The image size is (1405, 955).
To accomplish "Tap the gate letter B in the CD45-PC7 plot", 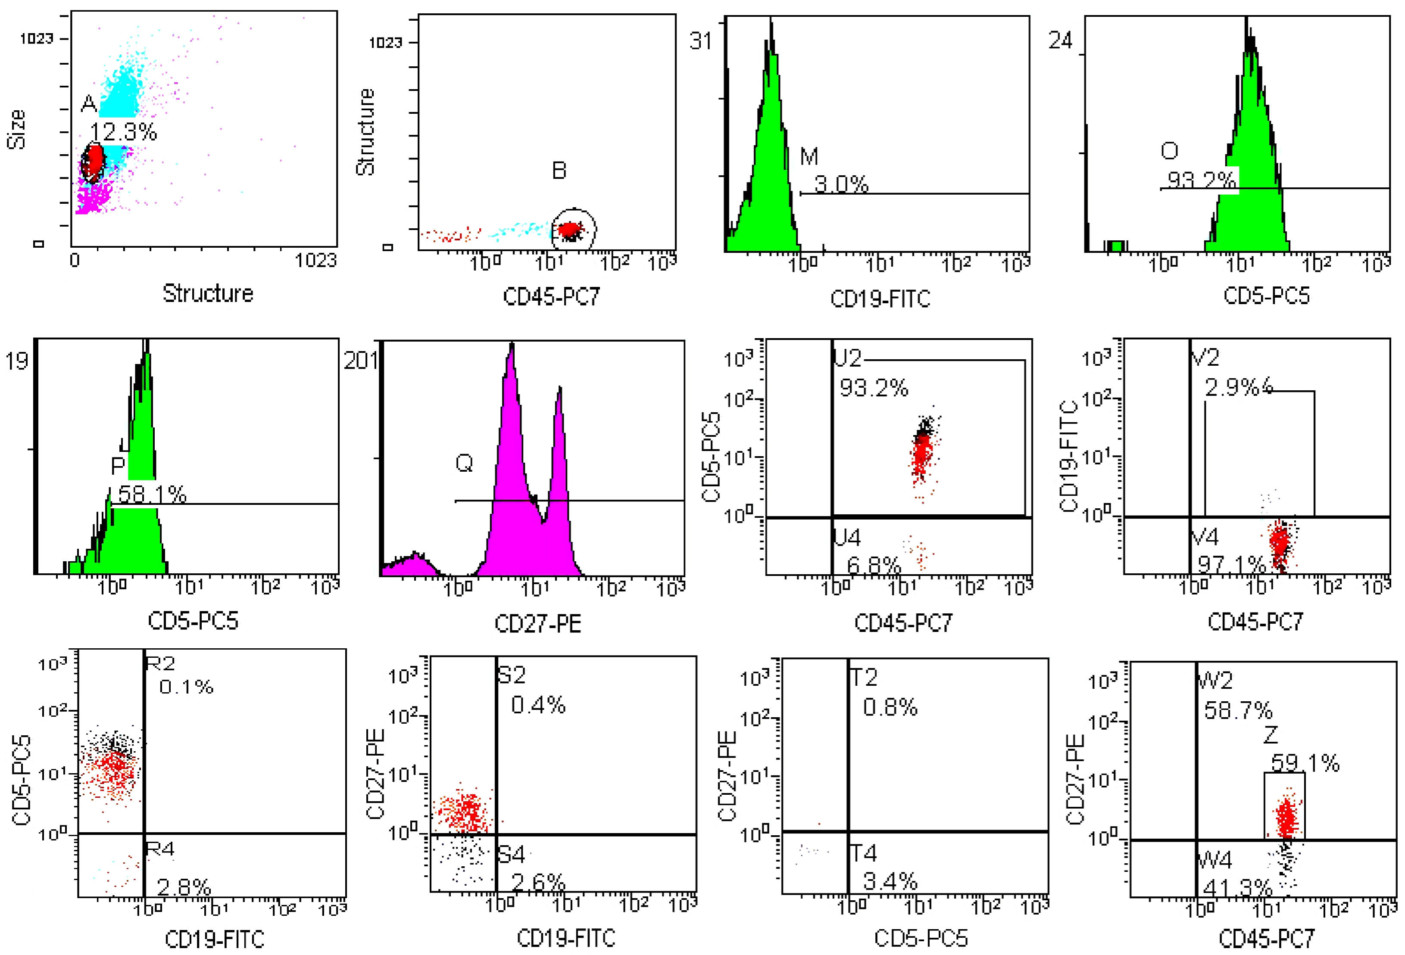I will coord(559,171).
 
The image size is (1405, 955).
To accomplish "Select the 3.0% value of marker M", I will coord(841,184).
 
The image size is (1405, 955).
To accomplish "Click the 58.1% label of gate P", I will coord(152,495).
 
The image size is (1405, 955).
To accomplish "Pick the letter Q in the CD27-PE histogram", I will coord(464,464).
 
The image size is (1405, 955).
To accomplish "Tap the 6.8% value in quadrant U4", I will coord(874,566).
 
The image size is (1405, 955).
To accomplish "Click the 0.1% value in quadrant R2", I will coord(186,687).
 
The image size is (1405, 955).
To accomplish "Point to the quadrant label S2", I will coord(512,675).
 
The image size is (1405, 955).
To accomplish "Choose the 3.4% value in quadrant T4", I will coord(890,882).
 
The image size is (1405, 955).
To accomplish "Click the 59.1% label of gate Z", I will coord(1305,763).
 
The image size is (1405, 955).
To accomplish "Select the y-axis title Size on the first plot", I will coord(17,129).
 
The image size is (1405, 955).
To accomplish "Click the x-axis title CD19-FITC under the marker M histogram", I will coord(880,299).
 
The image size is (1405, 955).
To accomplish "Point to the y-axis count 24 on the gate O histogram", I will coord(1060,41).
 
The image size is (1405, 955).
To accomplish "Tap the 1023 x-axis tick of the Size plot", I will coord(315,261).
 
